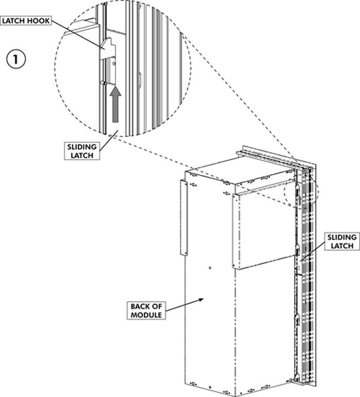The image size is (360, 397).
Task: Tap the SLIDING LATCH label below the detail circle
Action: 83,151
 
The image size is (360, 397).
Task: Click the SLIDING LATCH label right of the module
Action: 341,241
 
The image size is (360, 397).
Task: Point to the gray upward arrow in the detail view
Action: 116,106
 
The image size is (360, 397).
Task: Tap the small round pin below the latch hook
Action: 103,82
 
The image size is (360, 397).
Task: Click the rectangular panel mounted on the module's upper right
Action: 262,229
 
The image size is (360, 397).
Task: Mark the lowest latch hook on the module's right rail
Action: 297,322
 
